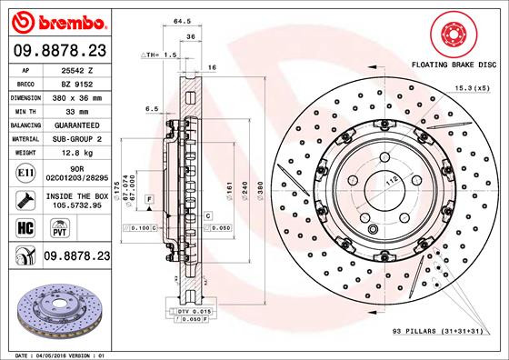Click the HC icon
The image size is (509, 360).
point(26,228)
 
